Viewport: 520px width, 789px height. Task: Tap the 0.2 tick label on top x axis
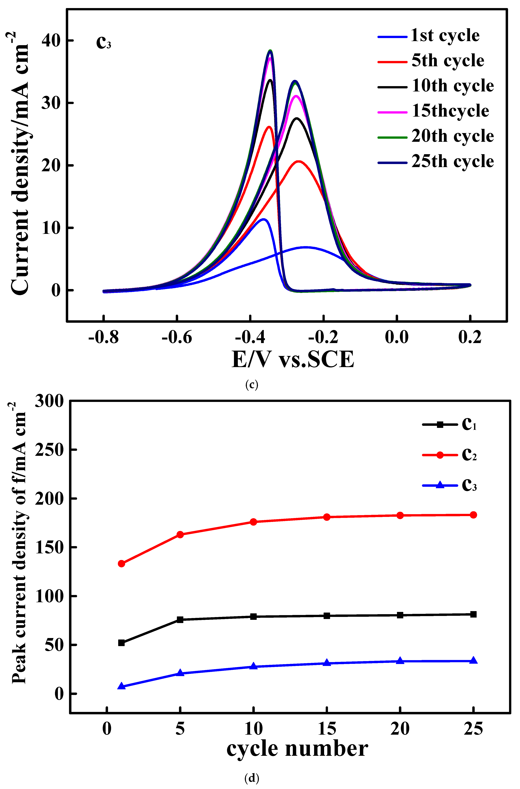pos(470,337)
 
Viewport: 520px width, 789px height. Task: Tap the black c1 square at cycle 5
pos(180,619)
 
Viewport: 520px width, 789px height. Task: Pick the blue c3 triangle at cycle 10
pos(253,666)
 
